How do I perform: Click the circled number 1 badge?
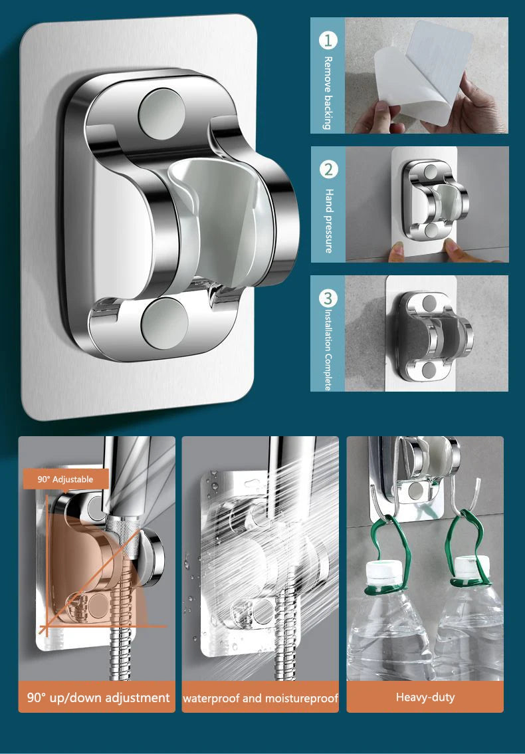click(x=328, y=41)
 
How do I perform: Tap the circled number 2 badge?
click(x=328, y=170)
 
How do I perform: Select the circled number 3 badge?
click(x=328, y=298)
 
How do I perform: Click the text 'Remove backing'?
click(x=328, y=93)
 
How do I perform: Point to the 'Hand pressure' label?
click(x=328, y=221)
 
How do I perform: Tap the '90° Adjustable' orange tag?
click(x=65, y=479)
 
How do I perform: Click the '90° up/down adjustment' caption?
click(x=98, y=697)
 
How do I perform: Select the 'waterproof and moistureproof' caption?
click(x=260, y=697)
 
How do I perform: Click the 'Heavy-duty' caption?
click(x=425, y=697)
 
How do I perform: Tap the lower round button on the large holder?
click(x=164, y=323)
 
